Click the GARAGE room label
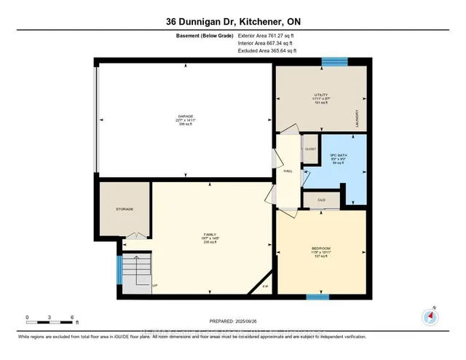pyautogui.click(x=185, y=116)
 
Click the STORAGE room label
pyautogui.click(x=125, y=209)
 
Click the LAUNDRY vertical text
pyautogui.click(x=357, y=118)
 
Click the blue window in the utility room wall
pyautogui.click(x=334, y=63)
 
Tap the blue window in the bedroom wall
pyautogui.click(x=317, y=297)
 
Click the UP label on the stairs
pyautogui.click(x=155, y=286)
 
